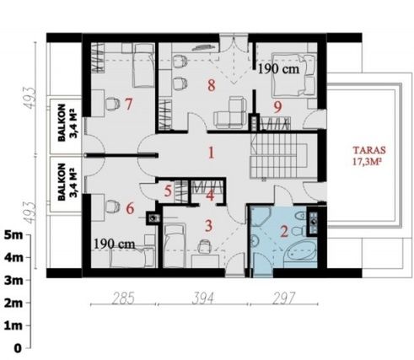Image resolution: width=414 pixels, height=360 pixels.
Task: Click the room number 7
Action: (128, 105)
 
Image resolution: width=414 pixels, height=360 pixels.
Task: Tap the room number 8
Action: (212, 85)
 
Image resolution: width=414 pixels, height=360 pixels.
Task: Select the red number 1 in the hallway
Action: (211, 153)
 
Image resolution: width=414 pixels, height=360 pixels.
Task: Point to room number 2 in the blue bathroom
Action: (284, 232)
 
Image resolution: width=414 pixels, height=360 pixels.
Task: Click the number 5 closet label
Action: (168, 191)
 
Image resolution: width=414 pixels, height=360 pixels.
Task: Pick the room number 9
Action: (277, 107)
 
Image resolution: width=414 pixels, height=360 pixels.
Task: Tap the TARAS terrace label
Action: (369, 150)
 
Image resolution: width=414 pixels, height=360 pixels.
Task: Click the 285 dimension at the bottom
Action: (123, 298)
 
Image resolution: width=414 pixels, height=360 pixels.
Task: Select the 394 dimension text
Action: (202, 298)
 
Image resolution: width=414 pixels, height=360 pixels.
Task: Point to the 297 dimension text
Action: (284, 298)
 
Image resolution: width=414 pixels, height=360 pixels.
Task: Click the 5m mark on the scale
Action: (13, 235)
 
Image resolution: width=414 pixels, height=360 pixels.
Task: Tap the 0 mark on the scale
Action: (18, 348)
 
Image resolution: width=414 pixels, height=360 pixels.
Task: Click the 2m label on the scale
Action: (13, 303)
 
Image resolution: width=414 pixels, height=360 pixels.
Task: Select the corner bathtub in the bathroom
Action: (300, 253)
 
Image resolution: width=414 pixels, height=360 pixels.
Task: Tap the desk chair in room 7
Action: (112, 104)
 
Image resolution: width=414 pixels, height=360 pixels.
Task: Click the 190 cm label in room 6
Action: (114, 244)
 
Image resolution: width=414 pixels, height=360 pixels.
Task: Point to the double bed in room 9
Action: (293, 75)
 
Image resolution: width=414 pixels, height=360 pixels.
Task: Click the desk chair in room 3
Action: (205, 246)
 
